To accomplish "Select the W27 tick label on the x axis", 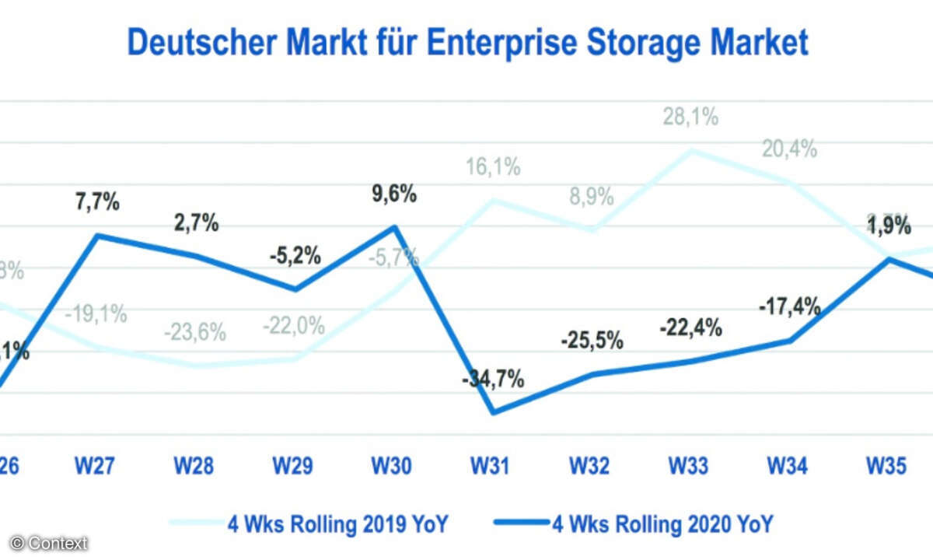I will click(96, 466).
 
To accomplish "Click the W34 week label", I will click(788, 466).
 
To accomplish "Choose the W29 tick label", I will click(293, 466).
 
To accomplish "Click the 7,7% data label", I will click(96, 204).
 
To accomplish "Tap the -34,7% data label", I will click(491, 380).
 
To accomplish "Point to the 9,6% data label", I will click(393, 194).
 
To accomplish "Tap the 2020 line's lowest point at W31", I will click(493, 412).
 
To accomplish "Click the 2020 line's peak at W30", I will click(394, 226).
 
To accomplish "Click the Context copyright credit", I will click(50, 543).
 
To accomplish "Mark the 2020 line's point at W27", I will click(97, 235).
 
